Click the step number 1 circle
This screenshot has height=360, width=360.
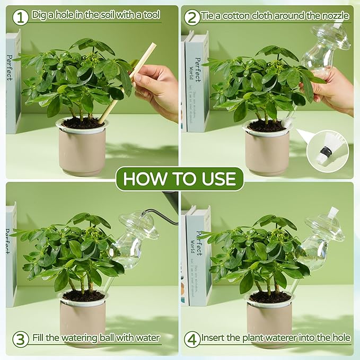(20, 16)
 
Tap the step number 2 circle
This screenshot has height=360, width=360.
(192, 16)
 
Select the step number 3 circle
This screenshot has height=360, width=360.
(20, 338)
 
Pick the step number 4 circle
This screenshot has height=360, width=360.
(192, 338)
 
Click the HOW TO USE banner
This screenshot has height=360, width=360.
(179, 179)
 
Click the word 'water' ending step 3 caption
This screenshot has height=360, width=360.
(147, 337)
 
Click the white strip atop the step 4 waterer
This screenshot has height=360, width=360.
(333, 213)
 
